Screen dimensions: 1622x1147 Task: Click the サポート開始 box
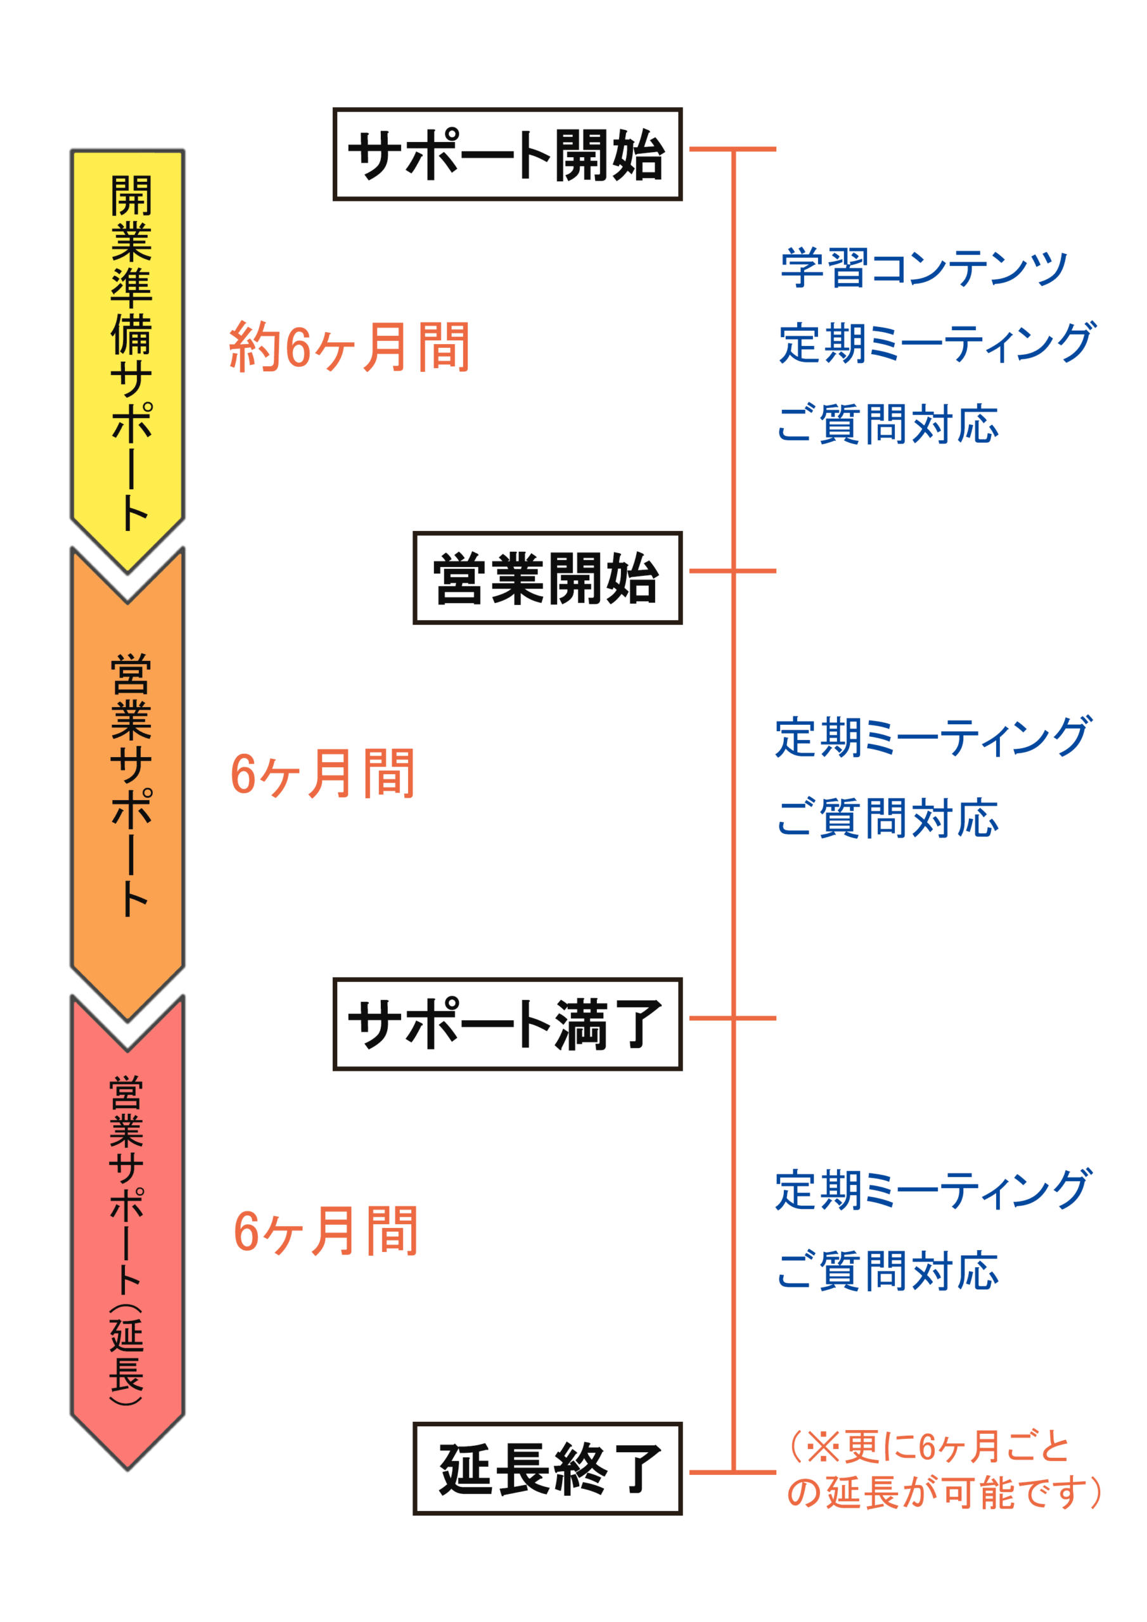pos(507,154)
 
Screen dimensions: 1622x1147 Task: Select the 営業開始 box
pos(547,578)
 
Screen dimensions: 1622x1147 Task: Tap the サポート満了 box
pos(507,1024)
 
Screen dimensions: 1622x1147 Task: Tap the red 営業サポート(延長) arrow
pos(128,1229)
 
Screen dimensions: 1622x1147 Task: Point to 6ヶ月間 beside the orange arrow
pos(323,774)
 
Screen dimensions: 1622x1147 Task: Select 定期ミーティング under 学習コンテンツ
pos(937,343)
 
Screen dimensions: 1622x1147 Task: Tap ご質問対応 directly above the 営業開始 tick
pos(888,424)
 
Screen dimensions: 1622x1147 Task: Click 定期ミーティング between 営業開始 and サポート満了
pos(933,737)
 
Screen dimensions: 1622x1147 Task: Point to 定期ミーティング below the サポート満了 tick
pos(933,1190)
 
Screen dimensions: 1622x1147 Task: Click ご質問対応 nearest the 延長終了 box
pos(888,1271)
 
